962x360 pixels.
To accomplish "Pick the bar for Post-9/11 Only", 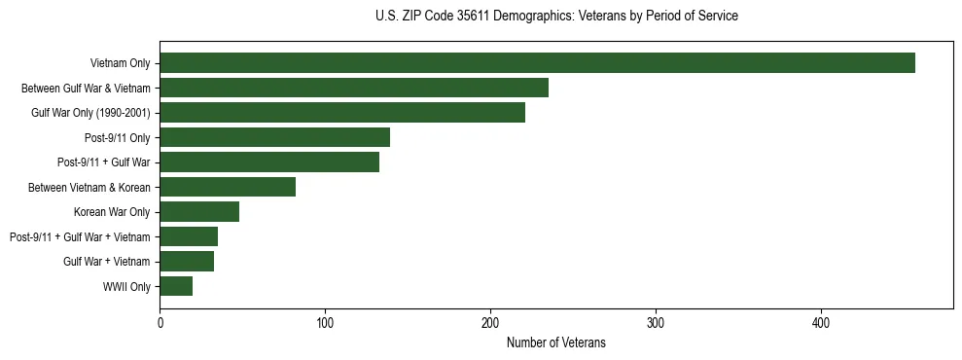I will (x=274, y=137).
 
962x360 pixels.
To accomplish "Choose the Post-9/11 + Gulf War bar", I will (x=269, y=162).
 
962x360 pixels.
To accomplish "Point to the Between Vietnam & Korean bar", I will (x=228, y=187).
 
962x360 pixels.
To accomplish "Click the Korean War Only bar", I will (x=199, y=212).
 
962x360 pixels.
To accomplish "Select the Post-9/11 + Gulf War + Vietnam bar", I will (x=189, y=236).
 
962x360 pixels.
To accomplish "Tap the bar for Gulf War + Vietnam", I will (x=187, y=261).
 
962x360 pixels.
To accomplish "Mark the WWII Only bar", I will (x=176, y=286).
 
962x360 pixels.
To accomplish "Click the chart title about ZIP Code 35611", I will (x=555, y=17).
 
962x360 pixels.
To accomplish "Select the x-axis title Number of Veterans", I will (x=555, y=342).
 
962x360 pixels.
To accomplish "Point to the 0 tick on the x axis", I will (x=160, y=322).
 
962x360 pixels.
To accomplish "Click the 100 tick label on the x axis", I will (x=325, y=322).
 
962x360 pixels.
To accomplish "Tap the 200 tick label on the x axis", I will (x=490, y=322).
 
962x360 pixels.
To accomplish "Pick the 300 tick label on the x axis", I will (x=656, y=322).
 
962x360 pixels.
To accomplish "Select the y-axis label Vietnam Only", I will (x=120, y=63).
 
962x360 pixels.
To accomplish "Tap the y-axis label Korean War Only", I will (x=112, y=212).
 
